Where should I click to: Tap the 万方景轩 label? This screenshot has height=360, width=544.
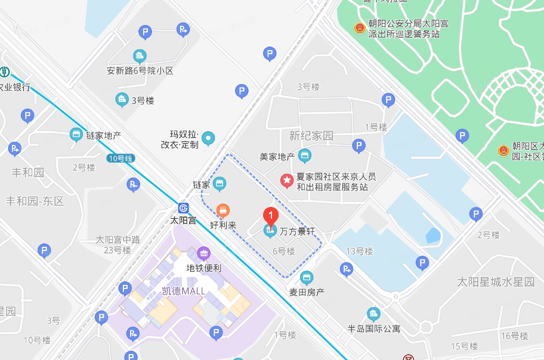(x=298, y=230)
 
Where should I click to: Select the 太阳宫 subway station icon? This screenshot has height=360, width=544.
(x=183, y=207)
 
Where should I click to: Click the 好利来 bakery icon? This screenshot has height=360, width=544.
(x=224, y=210)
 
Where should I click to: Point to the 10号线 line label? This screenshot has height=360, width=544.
(x=122, y=159)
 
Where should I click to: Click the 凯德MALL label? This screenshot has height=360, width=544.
(x=183, y=291)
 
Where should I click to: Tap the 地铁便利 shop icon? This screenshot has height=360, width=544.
(x=204, y=253)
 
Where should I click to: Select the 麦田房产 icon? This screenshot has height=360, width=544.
(x=307, y=277)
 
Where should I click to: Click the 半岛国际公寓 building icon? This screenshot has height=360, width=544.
(x=373, y=314)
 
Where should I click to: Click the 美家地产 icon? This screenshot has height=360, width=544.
(x=305, y=156)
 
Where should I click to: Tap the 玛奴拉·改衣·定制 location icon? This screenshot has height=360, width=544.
(x=208, y=139)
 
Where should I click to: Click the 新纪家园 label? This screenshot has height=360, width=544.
(x=311, y=136)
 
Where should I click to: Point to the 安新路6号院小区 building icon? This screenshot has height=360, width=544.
(x=140, y=57)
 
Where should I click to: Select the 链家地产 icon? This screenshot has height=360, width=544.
(x=76, y=135)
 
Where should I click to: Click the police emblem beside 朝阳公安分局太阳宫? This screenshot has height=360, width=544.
(x=359, y=28)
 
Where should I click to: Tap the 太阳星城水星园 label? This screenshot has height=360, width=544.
(x=496, y=281)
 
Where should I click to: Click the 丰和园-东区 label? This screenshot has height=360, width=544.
(x=35, y=201)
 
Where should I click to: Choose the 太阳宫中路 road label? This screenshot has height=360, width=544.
(x=118, y=240)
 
